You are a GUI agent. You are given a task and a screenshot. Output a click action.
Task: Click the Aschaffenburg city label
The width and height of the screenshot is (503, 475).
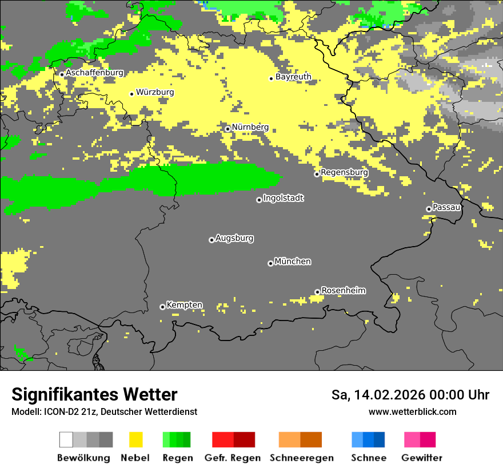pyautogui.click(x=94, y=73)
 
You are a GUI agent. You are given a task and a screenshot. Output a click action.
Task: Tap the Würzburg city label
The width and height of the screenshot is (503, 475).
pyautogui.click(x=155, y=92)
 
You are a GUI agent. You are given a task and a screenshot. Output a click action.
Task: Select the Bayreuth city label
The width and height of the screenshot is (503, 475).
pyautogui.click(x=293, y=77)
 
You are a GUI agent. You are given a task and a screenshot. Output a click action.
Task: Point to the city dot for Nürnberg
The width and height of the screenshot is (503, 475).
pyautogui.click(x=227, y=129)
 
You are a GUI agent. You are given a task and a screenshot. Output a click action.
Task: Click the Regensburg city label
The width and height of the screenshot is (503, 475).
pyautogui.click(x=344, y=172)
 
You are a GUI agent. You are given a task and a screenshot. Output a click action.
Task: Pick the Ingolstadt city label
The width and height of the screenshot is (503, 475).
pyautogui.click(x=284, y=198)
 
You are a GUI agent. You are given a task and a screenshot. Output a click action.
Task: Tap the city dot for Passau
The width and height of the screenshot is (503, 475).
pyautogui.click(x=429, y=209)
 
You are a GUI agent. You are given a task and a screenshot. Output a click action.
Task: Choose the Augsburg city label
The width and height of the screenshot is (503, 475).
pyautogui.click(x=234, y=238)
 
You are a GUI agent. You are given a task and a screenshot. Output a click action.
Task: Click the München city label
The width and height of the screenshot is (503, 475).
pyautogui.click(x=293, y=262)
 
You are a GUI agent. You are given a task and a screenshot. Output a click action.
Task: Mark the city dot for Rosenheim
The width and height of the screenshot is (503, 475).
pyautogui.click(x=317, y=292)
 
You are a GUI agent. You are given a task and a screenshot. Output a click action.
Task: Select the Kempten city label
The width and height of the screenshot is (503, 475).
pyautogui.click(x=184, y=305)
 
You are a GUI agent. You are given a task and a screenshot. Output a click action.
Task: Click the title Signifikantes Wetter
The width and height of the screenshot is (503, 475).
pyautogui.click(x=94, y=394)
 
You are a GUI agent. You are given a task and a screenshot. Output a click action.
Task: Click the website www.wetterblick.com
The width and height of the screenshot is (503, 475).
pyautogui.click(x=412, y=411)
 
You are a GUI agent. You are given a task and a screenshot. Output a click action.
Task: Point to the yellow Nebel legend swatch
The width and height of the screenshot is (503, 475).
pyautogui.click(x=135, y=440)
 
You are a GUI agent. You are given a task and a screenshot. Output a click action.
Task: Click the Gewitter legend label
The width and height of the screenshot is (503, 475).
pyautogui.click(x=422, y=458)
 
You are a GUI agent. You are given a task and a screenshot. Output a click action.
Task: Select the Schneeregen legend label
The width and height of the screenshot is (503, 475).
pyautogui.click(x=302, y=458)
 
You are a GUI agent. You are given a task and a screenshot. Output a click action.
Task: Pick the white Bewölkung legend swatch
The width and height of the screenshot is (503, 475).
pyautogui.click(x=66, y=440)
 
